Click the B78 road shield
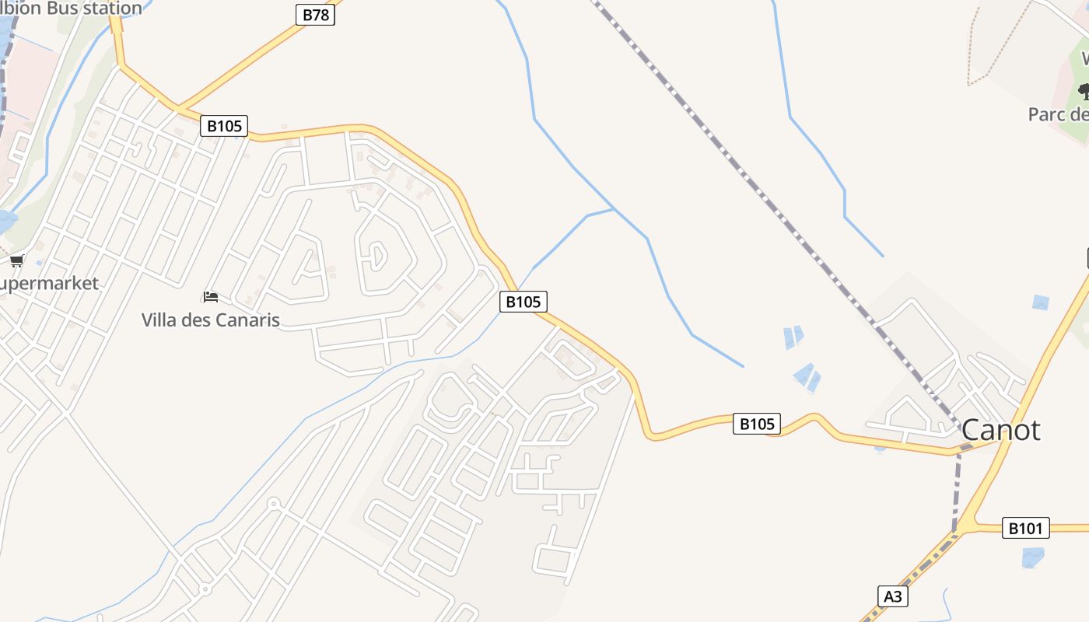click(315, 15)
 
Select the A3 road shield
click(893, 596)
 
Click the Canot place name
click(1000, 430)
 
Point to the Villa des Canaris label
click(210, 320)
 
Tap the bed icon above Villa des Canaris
click(211, 297)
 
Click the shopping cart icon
click(16, 260)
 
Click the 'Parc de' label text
click(1058, 114)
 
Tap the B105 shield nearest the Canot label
click(756, 424)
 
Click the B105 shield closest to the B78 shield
click(224, 126)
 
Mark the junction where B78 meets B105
click(177, 107)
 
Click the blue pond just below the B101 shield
click(1032, 557)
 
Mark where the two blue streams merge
click(615, 208)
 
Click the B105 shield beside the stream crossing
click(523, 302)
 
